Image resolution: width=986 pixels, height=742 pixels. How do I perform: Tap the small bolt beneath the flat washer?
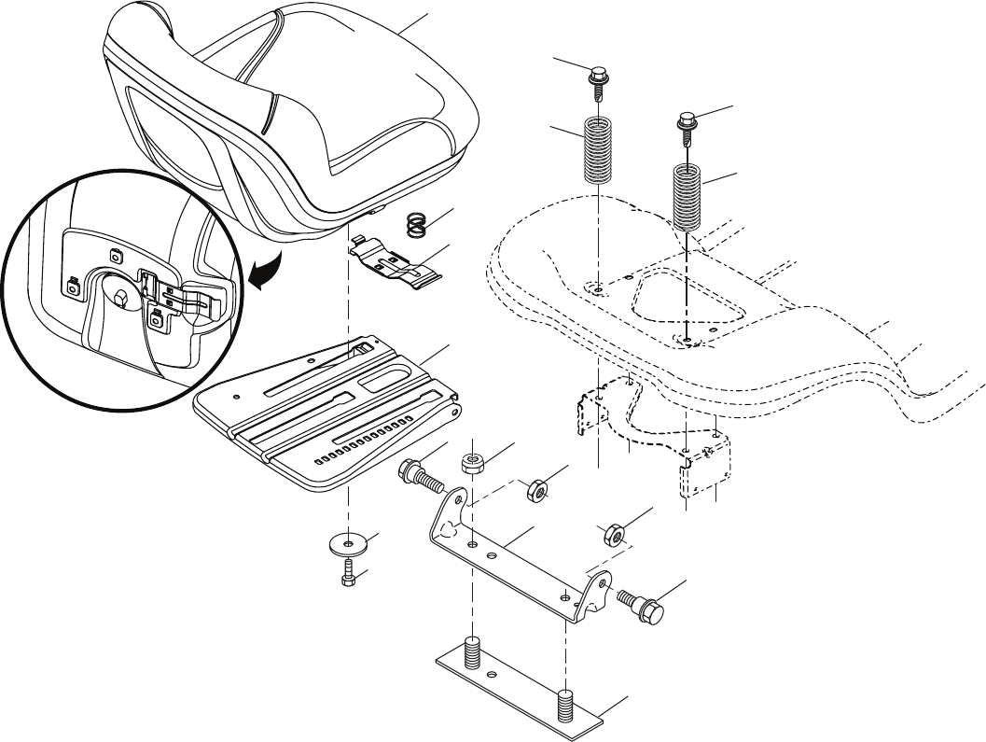click(348, 572)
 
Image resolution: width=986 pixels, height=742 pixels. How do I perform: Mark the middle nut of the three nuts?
click(538, 489)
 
